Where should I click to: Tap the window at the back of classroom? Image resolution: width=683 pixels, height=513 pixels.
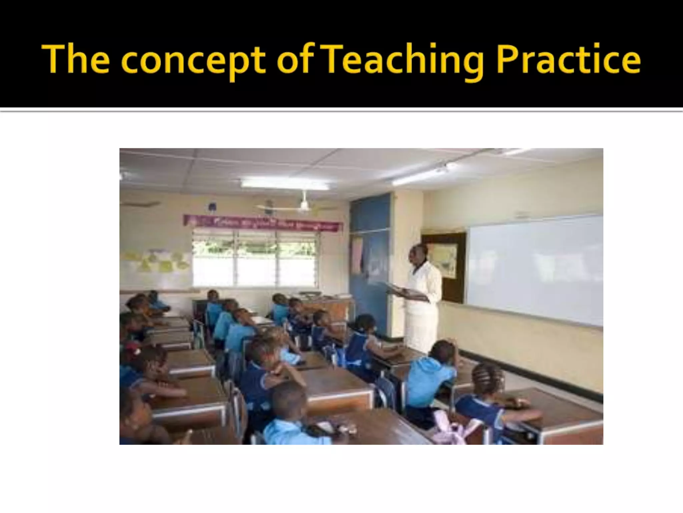click(255, 259)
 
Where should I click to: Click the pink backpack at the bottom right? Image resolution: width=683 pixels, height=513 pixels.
click(447, 429)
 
